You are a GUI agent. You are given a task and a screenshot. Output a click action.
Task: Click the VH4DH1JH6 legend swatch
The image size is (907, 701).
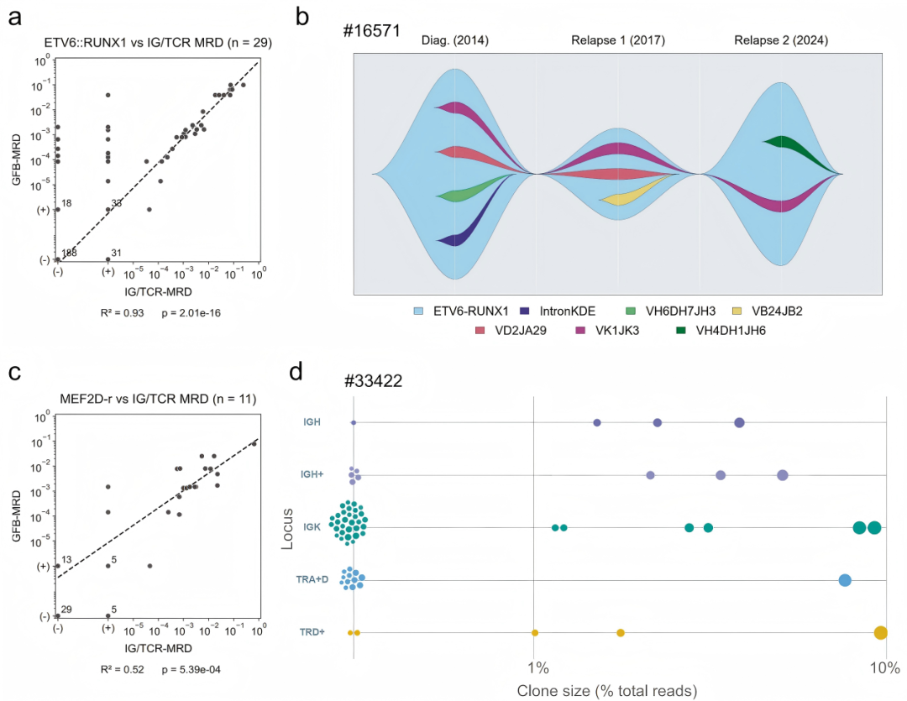(681, 331)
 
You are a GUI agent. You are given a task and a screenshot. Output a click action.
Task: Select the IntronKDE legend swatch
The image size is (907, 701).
(525, 311)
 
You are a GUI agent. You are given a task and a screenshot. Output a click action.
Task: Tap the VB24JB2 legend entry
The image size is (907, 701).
(767, 311)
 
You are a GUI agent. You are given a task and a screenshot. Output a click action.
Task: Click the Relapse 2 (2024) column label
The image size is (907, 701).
(781, 40)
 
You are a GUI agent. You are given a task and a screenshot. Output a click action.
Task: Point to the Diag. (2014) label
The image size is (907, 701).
(454, 40)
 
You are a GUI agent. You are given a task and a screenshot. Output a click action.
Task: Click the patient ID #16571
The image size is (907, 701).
(371, 30)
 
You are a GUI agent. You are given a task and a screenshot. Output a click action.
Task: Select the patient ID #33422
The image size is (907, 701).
(373, 380)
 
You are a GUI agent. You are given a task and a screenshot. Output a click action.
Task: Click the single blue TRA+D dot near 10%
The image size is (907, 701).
(845, 580)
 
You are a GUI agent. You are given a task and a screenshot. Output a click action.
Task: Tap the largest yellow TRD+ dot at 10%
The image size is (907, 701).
(880, 633)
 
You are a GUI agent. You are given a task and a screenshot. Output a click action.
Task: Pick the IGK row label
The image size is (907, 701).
(312, 527)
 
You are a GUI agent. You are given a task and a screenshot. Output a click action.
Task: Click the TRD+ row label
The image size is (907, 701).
(312, 632)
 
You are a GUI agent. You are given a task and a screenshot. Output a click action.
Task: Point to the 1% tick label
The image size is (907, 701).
(538, 668)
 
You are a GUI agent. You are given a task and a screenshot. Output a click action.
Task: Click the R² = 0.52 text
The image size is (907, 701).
(122, 669)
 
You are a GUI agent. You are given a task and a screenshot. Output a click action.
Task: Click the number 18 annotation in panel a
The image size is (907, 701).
(66, 203)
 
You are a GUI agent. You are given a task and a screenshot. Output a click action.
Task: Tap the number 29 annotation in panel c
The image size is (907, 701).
(66, 609)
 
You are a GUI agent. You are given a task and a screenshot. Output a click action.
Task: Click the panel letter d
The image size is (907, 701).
(296, 371)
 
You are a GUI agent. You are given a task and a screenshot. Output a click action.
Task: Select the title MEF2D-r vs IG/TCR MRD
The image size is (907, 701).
(134, 399)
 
